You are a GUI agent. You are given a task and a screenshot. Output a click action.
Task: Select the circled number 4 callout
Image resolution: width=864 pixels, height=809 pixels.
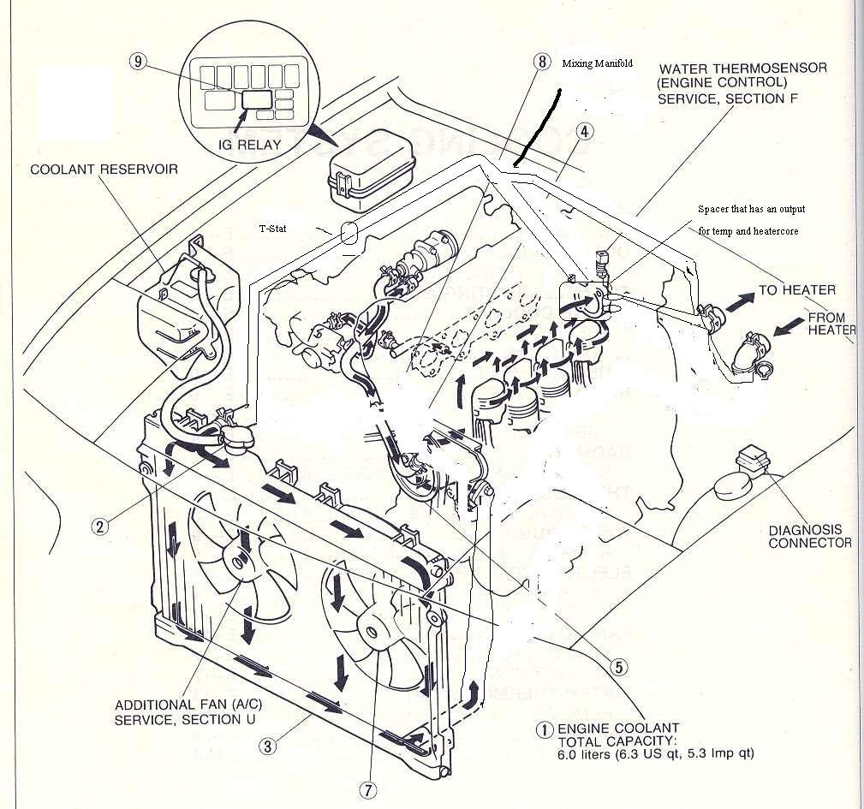coord(584,132)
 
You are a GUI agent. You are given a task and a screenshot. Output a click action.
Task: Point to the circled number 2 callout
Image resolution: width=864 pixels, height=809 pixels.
coord(101,526)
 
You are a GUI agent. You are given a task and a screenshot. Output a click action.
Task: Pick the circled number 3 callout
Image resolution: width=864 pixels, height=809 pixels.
coord(268,746)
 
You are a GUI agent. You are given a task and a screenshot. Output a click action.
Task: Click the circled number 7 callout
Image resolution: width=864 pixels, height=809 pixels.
coord(367,791)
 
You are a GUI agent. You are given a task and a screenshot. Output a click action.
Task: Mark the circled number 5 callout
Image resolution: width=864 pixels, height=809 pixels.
coord(619,664)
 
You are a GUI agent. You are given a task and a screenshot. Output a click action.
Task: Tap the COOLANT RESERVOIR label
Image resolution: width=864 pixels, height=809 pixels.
coord(104,170)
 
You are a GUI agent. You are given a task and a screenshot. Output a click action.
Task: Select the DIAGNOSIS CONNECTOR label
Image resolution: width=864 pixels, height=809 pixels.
coord(809,537)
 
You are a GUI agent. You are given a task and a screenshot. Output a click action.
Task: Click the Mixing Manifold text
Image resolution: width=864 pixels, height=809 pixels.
coord(596,64)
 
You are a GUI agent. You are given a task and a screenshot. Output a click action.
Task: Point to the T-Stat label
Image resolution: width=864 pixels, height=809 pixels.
coord(273,229)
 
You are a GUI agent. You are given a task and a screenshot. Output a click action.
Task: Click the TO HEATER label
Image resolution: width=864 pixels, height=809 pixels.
coord(796,290)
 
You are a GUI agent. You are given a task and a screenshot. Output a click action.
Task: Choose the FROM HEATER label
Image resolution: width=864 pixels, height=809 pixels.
coord(831,324)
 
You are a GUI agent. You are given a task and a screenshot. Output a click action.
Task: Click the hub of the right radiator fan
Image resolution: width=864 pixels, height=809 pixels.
coord(372,632)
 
